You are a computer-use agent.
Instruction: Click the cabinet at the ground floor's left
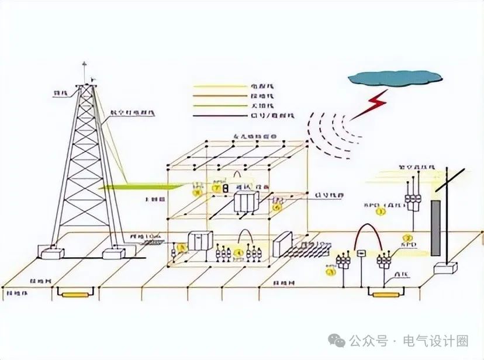200,241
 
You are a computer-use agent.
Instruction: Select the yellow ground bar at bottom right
386,294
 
